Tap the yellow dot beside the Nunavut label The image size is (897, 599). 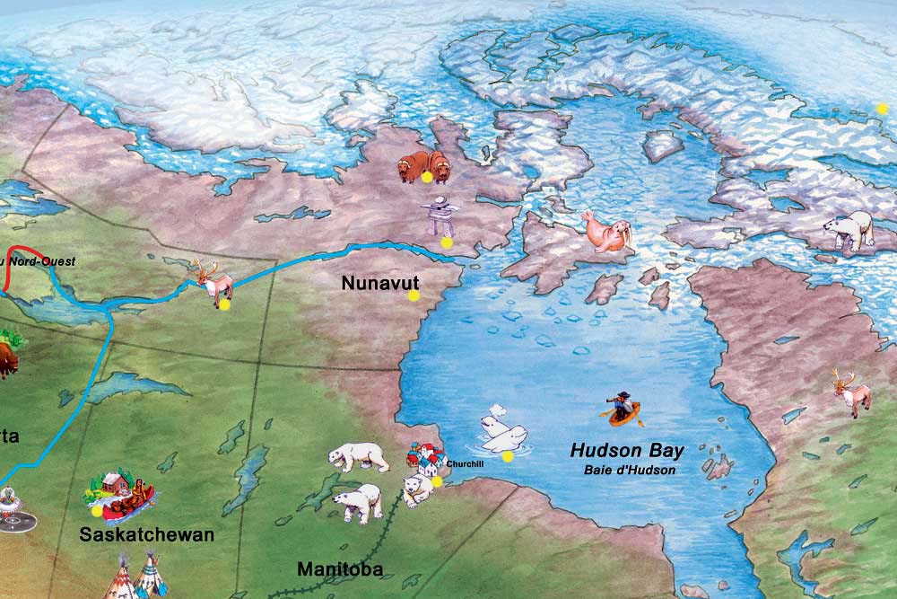click(414, 295)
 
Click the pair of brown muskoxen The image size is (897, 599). click(424, 165)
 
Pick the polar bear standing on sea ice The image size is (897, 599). click(850, 229)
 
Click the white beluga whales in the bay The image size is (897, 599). click(501, 433)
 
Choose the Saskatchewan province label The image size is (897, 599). click(147, 535)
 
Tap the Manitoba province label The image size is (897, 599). click(340, 569)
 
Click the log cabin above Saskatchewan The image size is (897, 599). click(110, 484)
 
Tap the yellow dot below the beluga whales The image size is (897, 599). click(508, 456)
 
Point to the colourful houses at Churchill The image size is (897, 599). click(425, 459)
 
